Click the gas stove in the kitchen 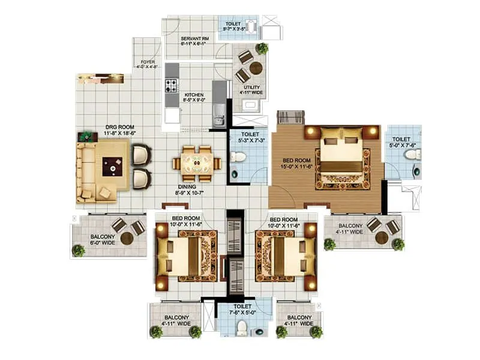click(172, 85)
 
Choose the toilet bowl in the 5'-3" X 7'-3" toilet click(239, 157)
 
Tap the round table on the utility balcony click(256, 68)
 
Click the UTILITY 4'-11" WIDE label click(252, 90)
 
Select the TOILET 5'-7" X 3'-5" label click(235, 24)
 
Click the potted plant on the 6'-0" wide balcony click(79, 250)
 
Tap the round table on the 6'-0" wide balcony click(127, 238)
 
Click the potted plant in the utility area click(262, 49)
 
